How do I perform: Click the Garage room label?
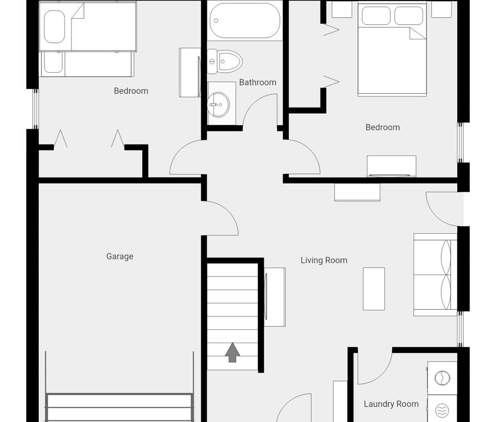coord(119,256)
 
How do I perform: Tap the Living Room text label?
coord(324,260)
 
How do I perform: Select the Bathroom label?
coord(258,82)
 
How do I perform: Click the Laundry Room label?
coord(391,404)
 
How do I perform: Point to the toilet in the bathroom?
coord(224,62)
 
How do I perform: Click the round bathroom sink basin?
coord(218,104)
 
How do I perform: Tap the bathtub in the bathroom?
coord(244,21)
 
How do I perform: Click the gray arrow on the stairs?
coord(233,352)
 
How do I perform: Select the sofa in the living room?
coord(435,275)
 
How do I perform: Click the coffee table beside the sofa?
coord(374,289)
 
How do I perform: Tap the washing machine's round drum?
coord(442,378)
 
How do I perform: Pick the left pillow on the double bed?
coord(376,16)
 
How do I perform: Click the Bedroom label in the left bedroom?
coord(131,91)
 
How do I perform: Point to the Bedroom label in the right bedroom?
coord(383,127)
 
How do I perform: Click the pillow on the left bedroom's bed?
coord(54,27)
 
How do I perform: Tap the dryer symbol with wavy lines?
coord(442,410)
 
